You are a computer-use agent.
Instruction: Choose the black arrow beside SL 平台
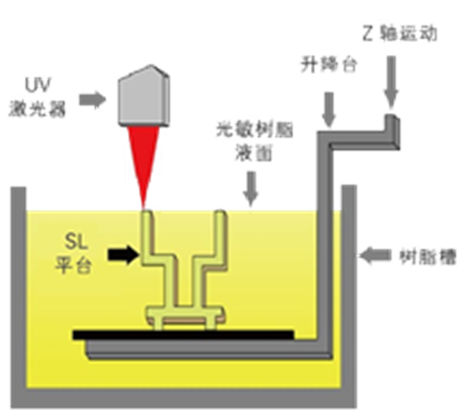tap(122, 254)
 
